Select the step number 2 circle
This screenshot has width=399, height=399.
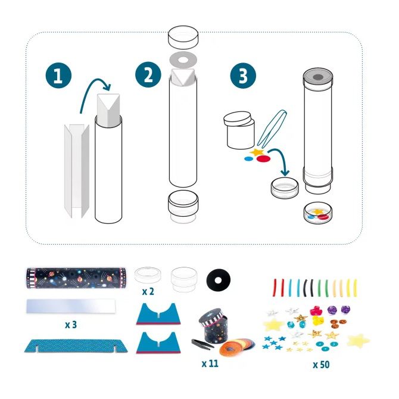(146, 76)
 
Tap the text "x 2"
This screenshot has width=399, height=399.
(149, 293)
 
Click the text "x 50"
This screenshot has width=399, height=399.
(322, 364)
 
